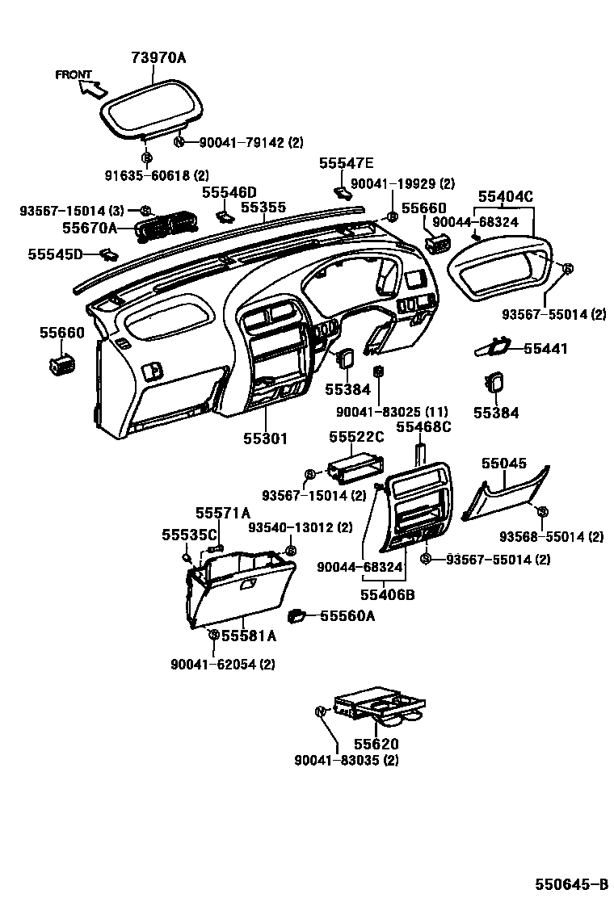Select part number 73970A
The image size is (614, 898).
pyautogui.click(x=158, y=57)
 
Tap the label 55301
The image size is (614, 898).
pyautogui.click(x=266, y=439)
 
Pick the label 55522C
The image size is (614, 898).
pyautogui.click(x=356, y=437)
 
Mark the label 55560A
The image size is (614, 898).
pyautogui.click(x=348, y=615)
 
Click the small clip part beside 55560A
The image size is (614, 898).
pyautogui.click(x=300, y=615)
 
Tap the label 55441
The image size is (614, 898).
pyautogui.click(x=545, y=349)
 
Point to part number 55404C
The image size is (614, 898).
pyautogui.click(x=506, y=196)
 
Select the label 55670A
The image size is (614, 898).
pyautogui.click(x=90, y=229)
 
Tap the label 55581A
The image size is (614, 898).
pyautogui.click(x=249, y=636)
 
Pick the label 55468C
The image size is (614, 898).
pyautogui.click(x=423, y=426)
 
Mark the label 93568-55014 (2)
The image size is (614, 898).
pyautogui.click(x=551, y=536)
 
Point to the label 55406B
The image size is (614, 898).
pyautogui.click(x=388, y=595)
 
